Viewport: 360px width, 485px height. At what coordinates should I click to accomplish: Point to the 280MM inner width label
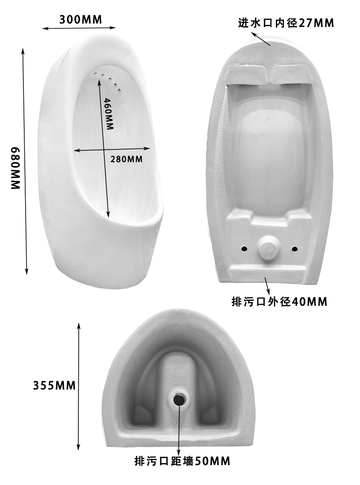[x=126, y=159]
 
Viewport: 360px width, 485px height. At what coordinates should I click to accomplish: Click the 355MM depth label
[x=54, y=385]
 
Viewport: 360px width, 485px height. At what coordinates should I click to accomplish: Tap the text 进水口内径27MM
[x=286, y=23]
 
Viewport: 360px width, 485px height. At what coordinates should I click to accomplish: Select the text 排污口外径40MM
[x=279, y=301]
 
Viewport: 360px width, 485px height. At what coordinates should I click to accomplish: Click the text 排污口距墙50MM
[x=182, y=461]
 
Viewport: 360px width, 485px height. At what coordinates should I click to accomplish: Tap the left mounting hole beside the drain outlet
[x=244, y=248]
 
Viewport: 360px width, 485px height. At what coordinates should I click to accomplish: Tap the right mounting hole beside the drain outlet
[x=295, y=249]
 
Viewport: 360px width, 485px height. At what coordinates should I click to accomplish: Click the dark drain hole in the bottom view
[x=179, y=398]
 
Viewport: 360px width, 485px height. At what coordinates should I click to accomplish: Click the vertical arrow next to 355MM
[x=79, y=385]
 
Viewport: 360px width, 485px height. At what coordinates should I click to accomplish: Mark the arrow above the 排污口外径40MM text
[x=267, y=285]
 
